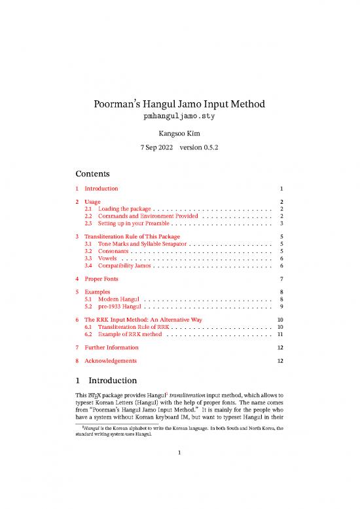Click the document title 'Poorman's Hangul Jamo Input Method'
pyautogui.click(x=179, y=105)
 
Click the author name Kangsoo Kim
pyautogui.click(x=179, y=135)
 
